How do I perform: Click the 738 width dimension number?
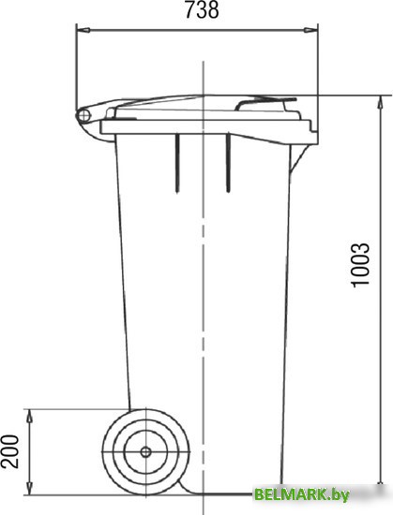(202, 10)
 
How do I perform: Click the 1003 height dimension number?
(361, 266)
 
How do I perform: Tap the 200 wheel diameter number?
(10, 451)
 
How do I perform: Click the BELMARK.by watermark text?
(302, 494)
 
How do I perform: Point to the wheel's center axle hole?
(145, 452)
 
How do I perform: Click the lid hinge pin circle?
(83, 115)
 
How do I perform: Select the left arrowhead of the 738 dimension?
(83, 30)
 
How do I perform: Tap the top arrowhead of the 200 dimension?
(29, 416)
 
